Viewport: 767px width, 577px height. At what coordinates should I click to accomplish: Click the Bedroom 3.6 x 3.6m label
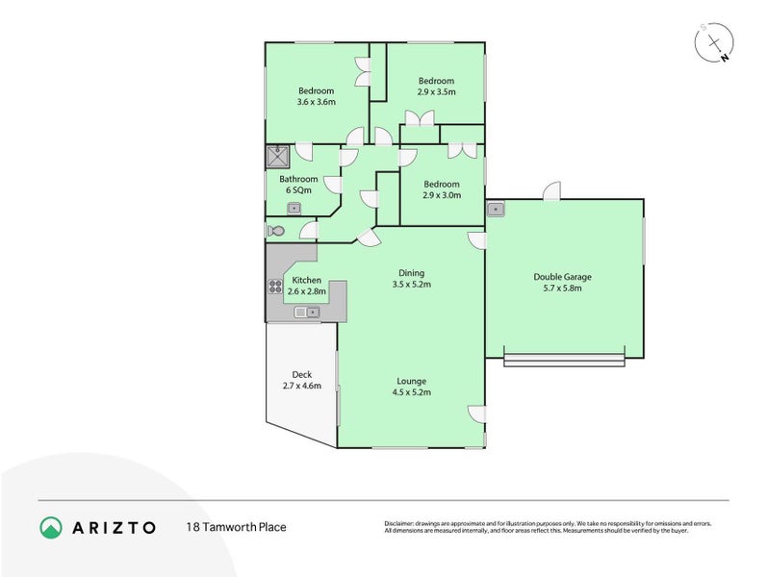pos(315,96)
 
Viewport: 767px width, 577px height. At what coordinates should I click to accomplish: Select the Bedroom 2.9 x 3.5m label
pos(435,87)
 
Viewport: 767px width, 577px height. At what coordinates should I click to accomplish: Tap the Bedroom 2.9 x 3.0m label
pos(441,189)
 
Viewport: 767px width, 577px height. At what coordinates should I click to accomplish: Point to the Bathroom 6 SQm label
pos(298,185)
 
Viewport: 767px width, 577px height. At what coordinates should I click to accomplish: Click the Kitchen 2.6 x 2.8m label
pos(307,286)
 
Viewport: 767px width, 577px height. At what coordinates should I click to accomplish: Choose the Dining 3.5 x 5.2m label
pos(411,279)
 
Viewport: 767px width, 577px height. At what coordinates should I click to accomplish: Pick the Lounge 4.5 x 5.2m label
pos(411,387)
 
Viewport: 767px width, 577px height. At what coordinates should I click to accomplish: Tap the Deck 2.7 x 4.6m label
pos(301,381)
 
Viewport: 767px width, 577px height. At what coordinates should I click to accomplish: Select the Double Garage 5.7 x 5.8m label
pos(563,283)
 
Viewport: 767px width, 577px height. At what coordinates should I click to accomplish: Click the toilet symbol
pos(275,231)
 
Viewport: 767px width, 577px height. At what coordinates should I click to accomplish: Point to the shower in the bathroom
pos(278,157)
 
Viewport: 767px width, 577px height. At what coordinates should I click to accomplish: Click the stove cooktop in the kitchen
pos(273,286)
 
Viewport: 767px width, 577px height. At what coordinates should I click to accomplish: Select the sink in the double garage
pos(497,209)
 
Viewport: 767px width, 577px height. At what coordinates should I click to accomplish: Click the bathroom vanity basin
pos(294,208)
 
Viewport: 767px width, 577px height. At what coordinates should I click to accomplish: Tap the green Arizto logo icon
pos(51,527)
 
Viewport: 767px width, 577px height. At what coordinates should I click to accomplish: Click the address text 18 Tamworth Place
pos(236,527)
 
